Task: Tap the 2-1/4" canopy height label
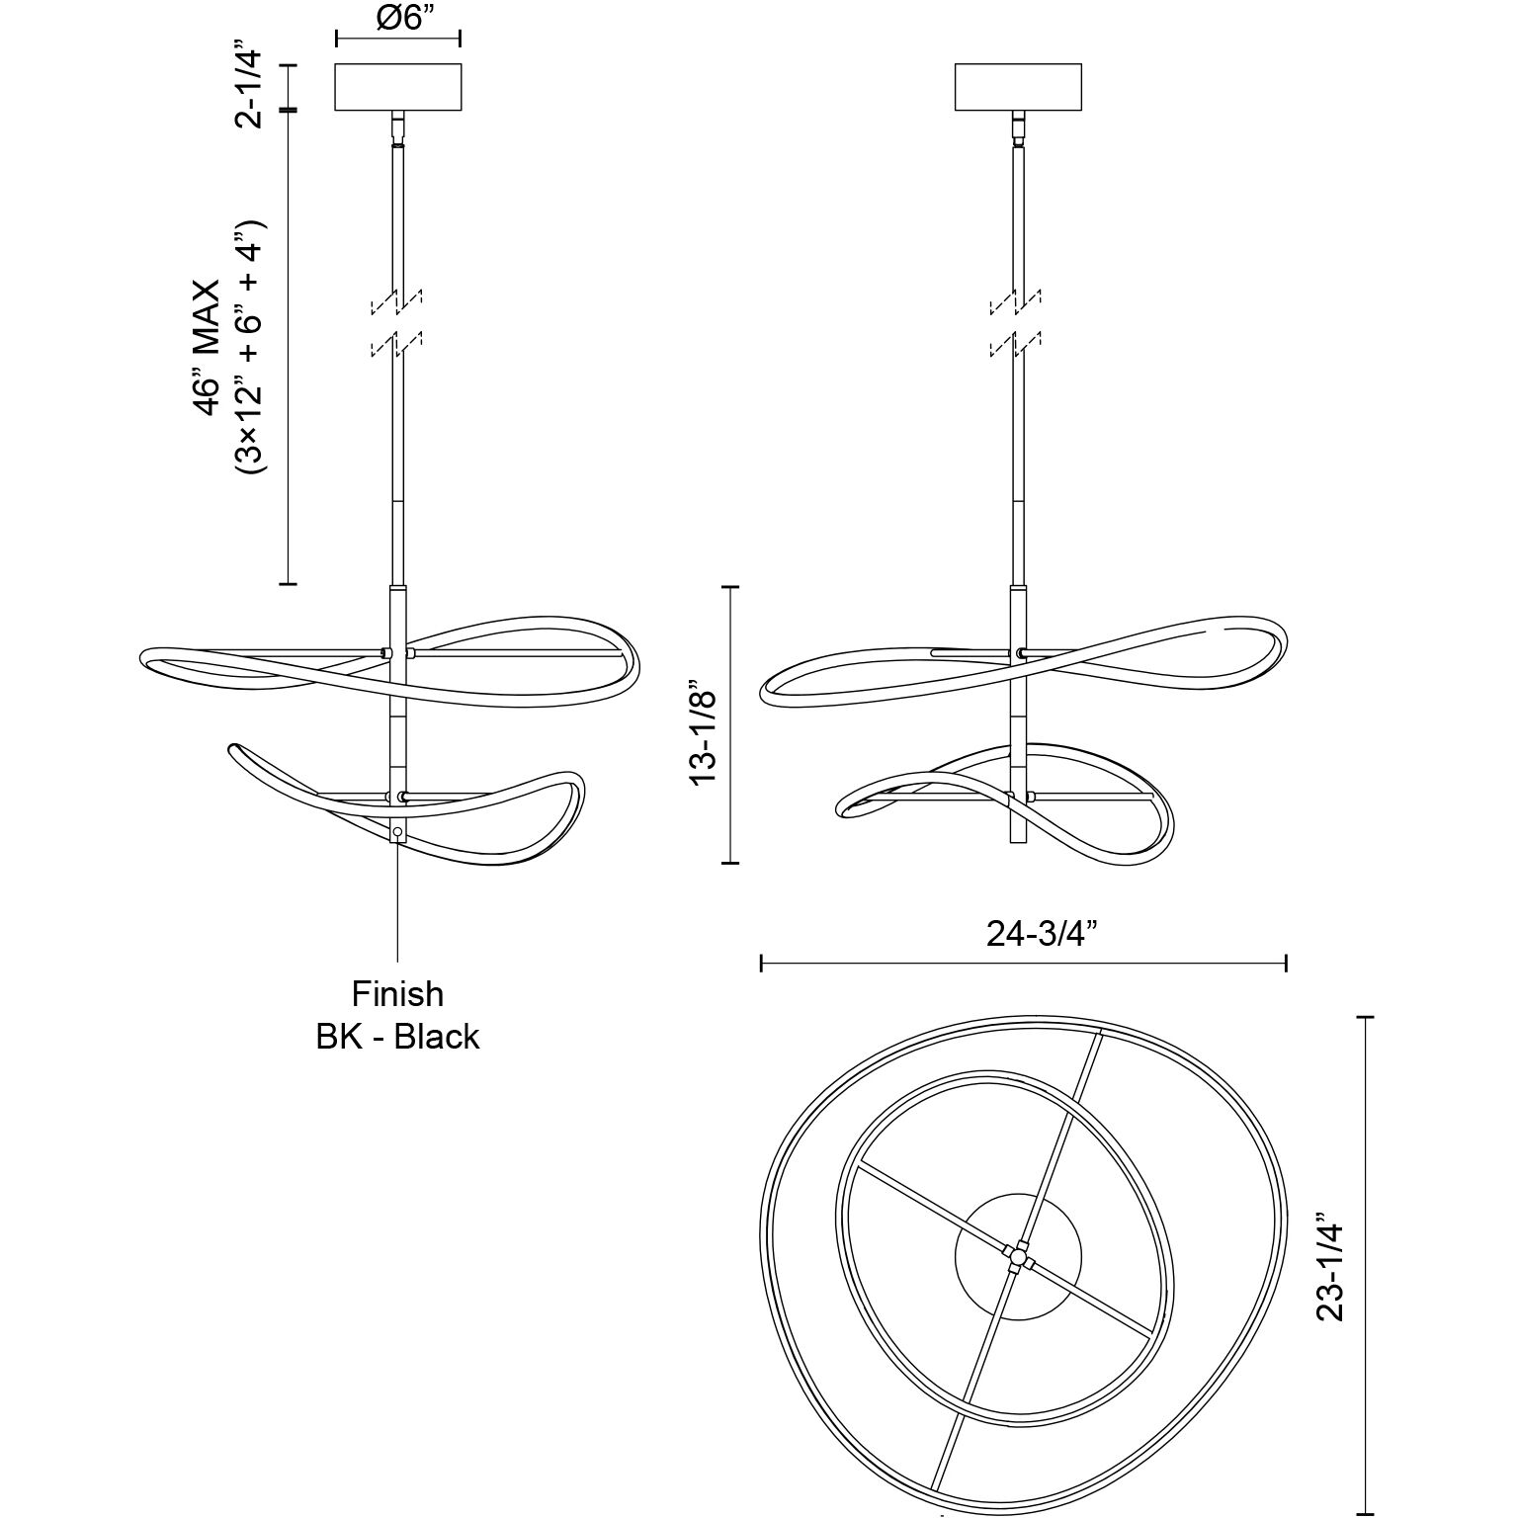248,85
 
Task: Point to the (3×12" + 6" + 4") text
247,348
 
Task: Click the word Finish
397,993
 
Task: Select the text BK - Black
397,1037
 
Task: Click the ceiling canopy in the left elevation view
398,87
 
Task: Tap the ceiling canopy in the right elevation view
1019,87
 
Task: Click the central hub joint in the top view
1017,1256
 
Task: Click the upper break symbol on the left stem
397,300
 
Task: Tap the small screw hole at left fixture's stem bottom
397,833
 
